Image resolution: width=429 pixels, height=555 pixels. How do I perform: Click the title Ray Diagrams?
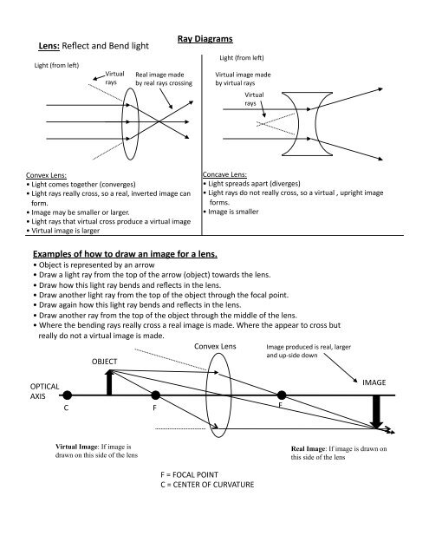[205, 39]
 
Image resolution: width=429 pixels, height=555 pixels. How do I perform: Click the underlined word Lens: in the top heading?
[49, 46]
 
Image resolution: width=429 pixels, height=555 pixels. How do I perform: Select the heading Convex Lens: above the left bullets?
[46, 175]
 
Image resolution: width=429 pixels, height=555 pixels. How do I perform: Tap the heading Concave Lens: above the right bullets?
[224, 174]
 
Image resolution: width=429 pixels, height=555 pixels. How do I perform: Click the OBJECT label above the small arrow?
[104, 362]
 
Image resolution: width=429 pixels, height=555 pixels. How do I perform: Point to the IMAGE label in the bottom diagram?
[374, 382]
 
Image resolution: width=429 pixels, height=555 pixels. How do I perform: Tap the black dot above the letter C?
[68, 395]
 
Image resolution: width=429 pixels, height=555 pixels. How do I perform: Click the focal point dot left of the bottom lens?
[155, 395]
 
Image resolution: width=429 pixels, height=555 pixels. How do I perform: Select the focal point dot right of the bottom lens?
[282, 395]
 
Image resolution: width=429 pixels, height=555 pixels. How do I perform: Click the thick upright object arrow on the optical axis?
[109, 382]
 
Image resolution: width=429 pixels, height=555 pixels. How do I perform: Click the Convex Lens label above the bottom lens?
[215, 347]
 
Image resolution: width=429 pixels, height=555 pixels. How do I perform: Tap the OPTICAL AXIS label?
[44, 391]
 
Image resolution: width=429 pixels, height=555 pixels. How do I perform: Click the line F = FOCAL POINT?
[189, 474]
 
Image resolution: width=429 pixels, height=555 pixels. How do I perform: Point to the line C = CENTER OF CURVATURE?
[207, 485]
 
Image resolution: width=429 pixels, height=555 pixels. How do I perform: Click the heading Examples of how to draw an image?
[125, 254]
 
